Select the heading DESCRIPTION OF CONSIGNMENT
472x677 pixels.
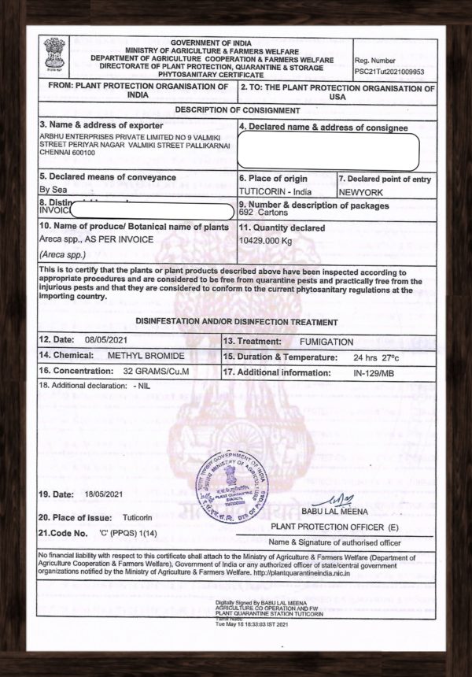[237, 110]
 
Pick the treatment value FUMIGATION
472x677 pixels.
[326, 342]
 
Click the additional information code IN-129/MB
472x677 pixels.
[373, 370]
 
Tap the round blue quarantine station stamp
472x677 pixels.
[232, 483]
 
